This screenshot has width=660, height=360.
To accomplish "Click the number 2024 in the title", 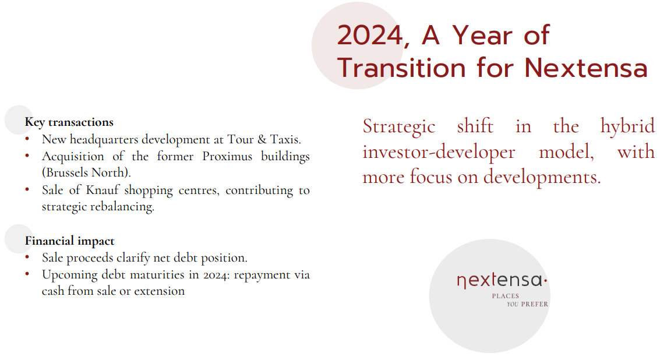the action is coord(369,35).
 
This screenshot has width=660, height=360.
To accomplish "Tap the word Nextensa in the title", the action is coord(586,68).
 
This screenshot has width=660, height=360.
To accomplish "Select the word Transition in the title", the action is coord(401,68).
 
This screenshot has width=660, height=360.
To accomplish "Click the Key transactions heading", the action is coord(69,122).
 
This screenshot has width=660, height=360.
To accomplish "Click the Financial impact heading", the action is coord(69,241).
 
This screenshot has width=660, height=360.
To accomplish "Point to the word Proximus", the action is coord(227,156).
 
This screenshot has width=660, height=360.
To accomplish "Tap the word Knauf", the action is coord(103,190).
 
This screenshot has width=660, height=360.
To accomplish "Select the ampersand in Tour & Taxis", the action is coord(262,139).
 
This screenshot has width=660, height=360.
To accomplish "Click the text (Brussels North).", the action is coord(86,172).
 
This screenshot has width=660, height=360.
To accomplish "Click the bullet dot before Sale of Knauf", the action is coord(27,189).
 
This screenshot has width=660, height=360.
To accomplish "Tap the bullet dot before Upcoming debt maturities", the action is coord(27,274).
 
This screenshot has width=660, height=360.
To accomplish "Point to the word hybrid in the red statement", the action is coord(627,126).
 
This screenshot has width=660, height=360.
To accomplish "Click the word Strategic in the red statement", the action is coord(399,127).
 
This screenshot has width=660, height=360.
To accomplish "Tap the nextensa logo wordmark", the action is coord(502,280).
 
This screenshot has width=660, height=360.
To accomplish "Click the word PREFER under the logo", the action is coord(535,305).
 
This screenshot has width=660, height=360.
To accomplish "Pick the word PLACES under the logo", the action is coord(506,296).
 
